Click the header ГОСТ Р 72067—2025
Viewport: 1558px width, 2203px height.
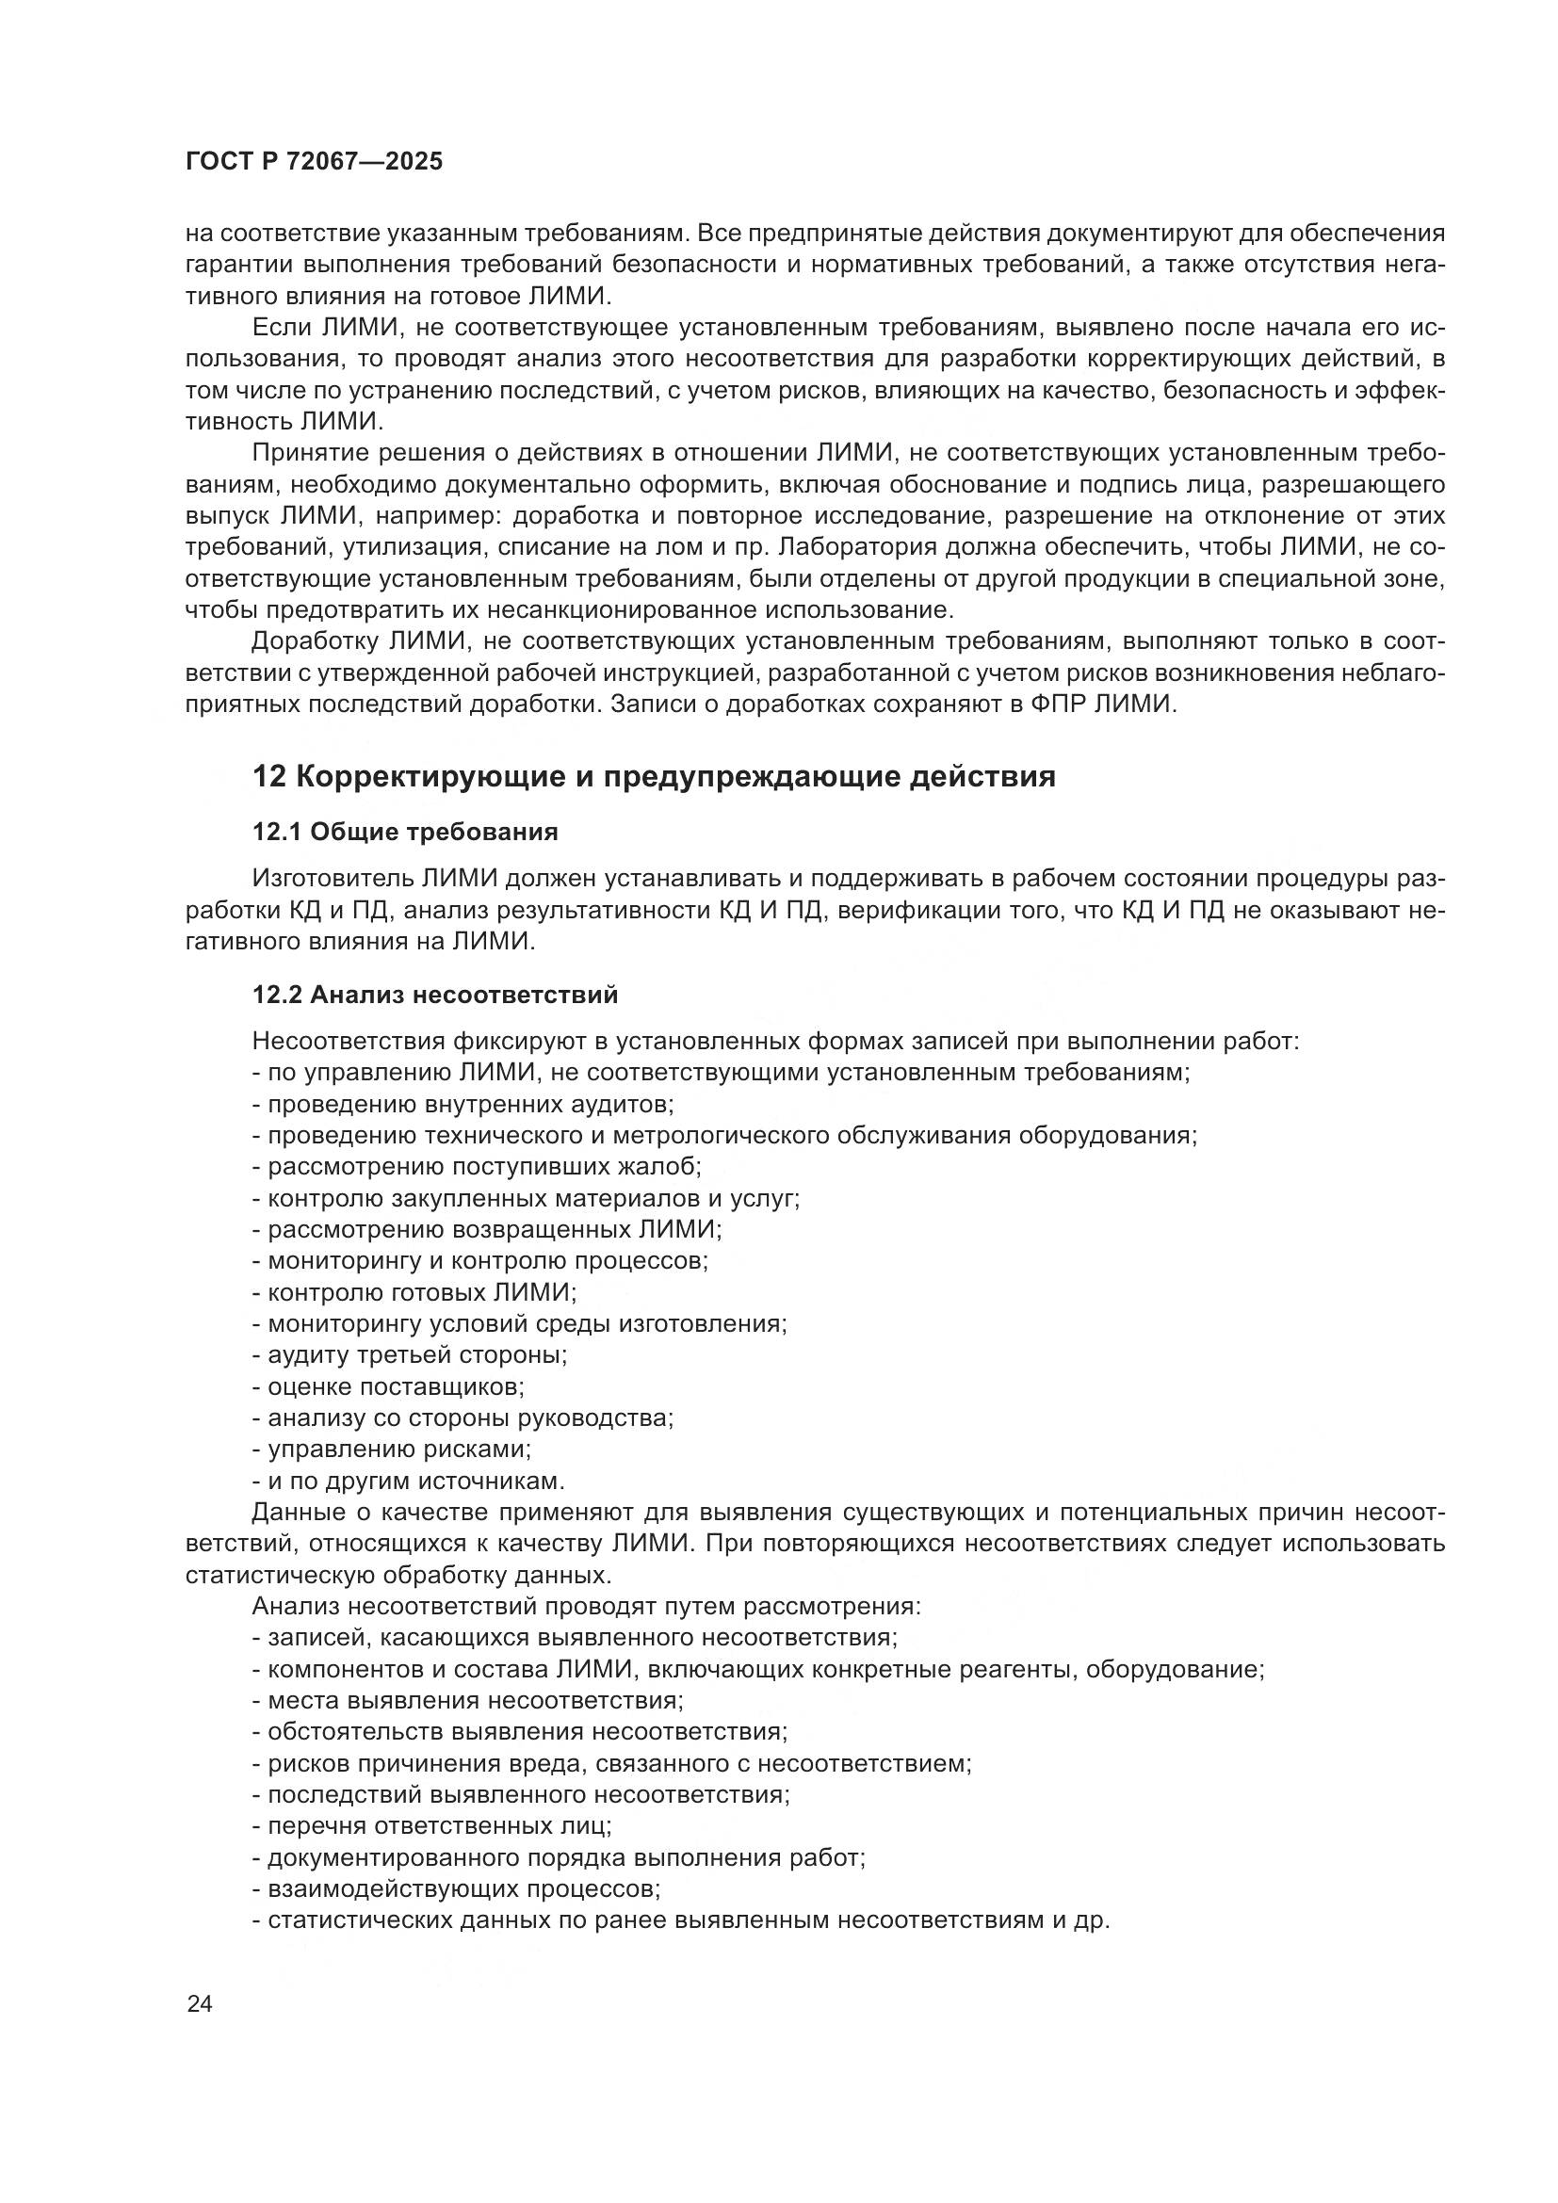coord(314,161)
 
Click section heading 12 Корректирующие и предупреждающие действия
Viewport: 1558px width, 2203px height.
coord(654,776)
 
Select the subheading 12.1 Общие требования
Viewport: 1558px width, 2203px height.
coord(405,832)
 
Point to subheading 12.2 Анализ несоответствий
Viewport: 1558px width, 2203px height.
coord(434,995)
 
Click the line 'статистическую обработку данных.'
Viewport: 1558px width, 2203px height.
coord(398,1576)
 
